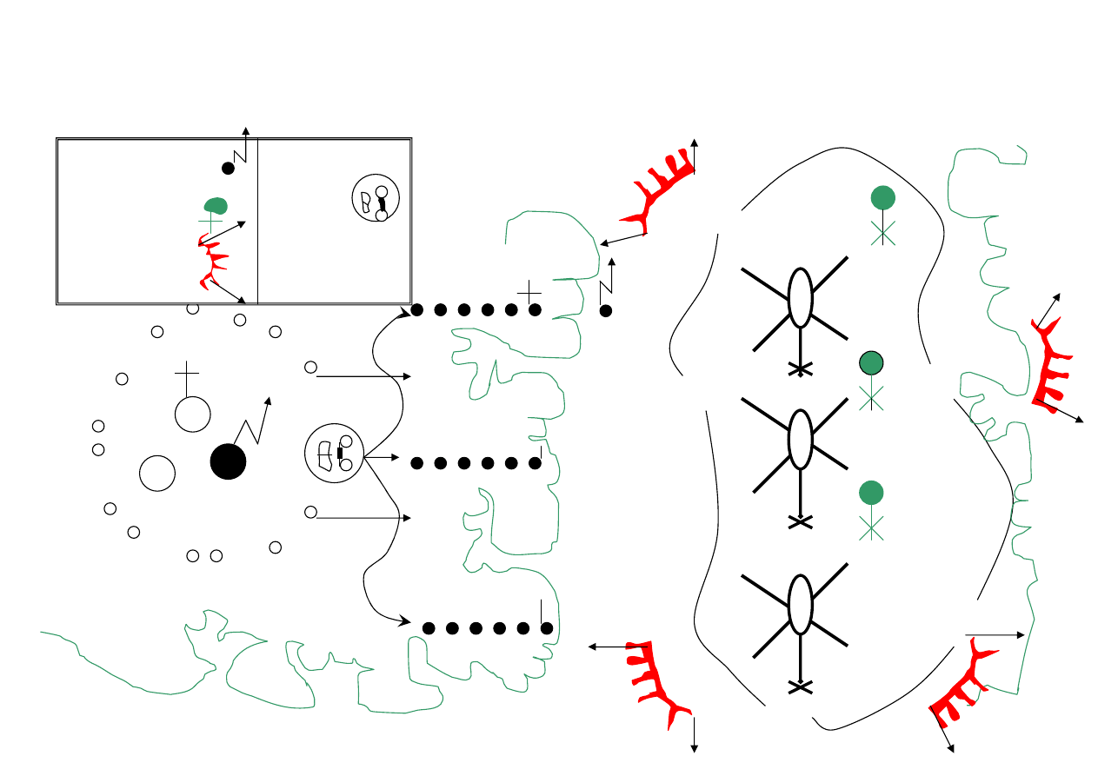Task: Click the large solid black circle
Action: pyautogui.click(x=228, y=461)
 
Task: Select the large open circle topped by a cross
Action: pyautogui.click(x=192, y=414)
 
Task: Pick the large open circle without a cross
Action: pyautogui.click(x=157, y=474)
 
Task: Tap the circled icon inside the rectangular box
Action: pyautogui.click(x=376, y=198)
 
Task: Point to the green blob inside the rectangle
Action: pyautogui.click(x=216, y=205)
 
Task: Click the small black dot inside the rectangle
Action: pyautogui.click(x=228, y=169)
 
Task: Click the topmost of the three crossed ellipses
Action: pyautogui.click(x=800, y=296)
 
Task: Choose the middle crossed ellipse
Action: pyautogui.click(x=800, y=439)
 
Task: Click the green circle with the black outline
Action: pyautogui.click(x=871, y=362)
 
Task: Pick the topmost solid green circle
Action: pyautogui.click(x=883, y=197)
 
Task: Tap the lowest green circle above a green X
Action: pyautogui.click(x=871, y=493)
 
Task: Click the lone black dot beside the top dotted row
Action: pyautogui.click(x=606, y=310)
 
